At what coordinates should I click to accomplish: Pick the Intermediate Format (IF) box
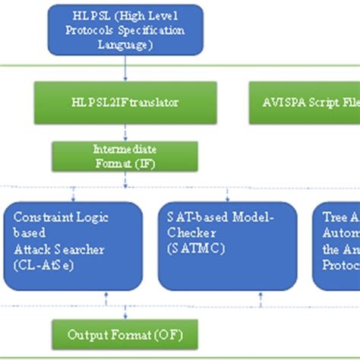coord(125,156)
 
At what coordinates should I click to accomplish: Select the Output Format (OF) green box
coord(125,333)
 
